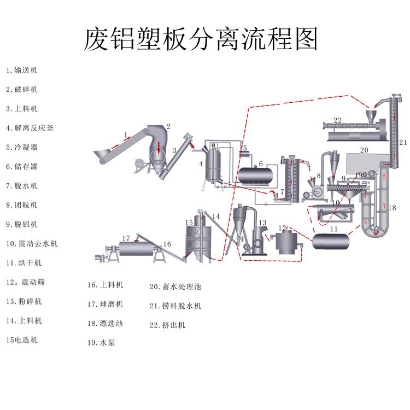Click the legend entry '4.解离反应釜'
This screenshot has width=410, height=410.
tap(30, 128)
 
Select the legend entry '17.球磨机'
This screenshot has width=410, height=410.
tap(105, 304)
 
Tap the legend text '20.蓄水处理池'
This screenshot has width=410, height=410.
tap(175, 286)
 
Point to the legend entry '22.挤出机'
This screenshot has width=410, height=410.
tap(167, 325)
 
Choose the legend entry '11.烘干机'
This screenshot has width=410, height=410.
tap(24, 263)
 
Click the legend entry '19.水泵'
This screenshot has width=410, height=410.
tap(101, 343)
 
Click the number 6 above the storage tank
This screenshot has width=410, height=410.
tap(261, 163)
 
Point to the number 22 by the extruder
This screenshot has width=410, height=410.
tap(337, 120)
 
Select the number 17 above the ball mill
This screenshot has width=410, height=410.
tap(126, 238)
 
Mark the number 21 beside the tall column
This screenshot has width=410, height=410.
tap(403, 142)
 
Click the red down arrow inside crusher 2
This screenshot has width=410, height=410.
tap(159, 147)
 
